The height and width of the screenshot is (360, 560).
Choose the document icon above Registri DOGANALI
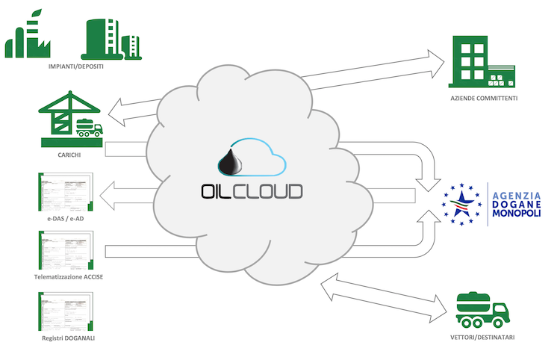click(66, 311)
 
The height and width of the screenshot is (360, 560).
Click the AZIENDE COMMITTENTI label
click(484, 99)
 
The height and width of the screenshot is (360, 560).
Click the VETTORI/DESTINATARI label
click(484, 338)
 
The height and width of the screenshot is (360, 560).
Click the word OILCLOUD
click(252, 190)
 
